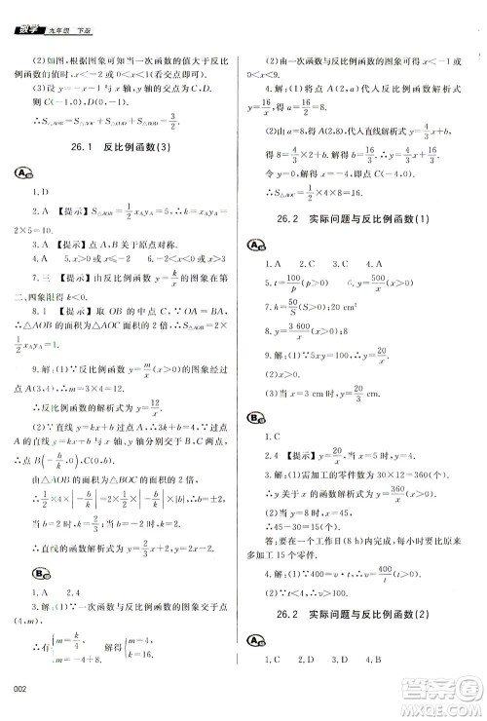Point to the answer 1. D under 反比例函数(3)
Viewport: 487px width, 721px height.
click(x=40, y=193)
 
